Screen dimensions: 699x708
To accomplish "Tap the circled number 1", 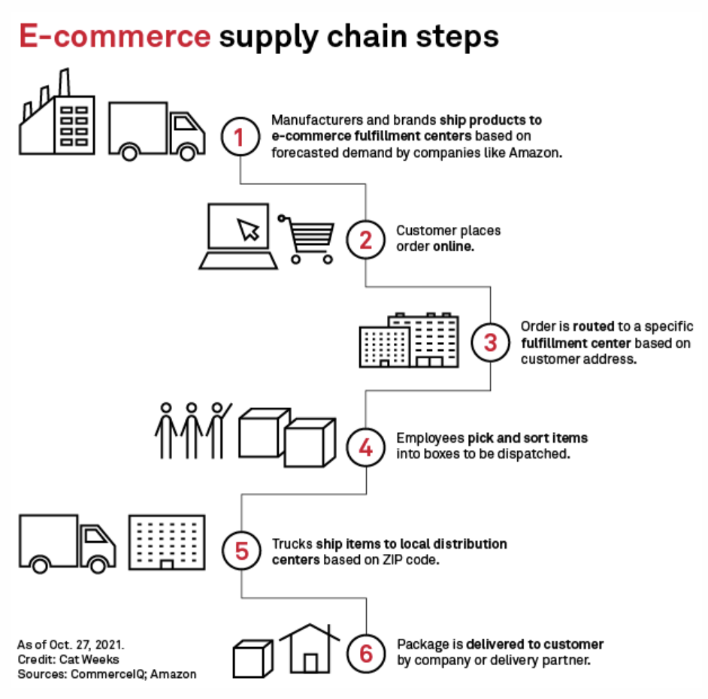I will [x=240, y=139].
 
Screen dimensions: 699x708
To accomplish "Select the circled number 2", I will [x=365, y=241].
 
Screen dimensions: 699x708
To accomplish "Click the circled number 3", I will [x=490, y=343].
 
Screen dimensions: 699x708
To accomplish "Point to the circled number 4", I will [x=365, y=448].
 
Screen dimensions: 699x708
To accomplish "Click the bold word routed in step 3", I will [x=592, y=328].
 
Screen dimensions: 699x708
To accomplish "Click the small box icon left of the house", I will [x=252, y=658].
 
